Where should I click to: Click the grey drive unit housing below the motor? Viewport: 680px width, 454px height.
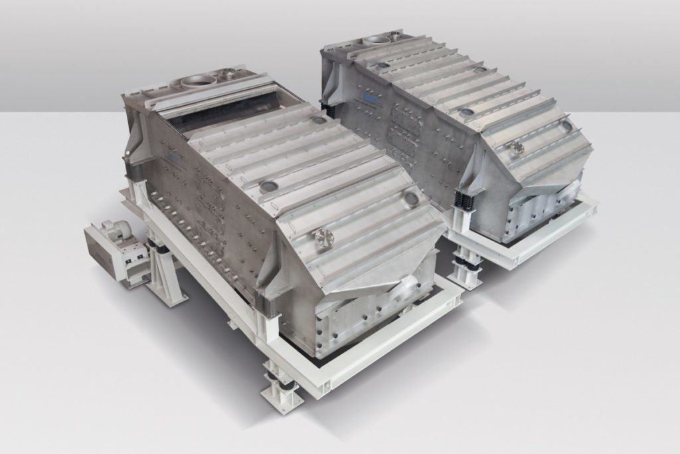107,256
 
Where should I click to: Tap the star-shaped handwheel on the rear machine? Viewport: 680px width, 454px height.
517,148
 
